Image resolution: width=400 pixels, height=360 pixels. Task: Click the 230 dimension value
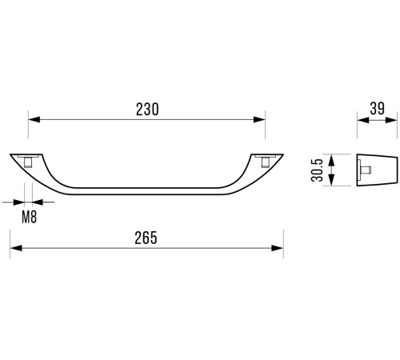tap(147, 109)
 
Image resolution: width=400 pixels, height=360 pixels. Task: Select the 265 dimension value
tap(146, 238)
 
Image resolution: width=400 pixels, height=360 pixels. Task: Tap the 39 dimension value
tap(378, 109)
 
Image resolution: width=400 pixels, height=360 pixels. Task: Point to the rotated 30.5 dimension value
tap(317, 170)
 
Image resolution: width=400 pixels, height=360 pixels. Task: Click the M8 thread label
tap(29, 217)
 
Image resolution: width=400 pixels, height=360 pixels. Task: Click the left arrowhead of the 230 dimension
tap(34, 119)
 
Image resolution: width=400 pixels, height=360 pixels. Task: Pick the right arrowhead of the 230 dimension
tap(259, 119)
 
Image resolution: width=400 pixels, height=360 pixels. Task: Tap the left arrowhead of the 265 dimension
tap(16, 248)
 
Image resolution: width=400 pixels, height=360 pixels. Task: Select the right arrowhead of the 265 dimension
tap(278, 248)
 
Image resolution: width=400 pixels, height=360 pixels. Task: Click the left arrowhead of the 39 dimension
tap(363, 120)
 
